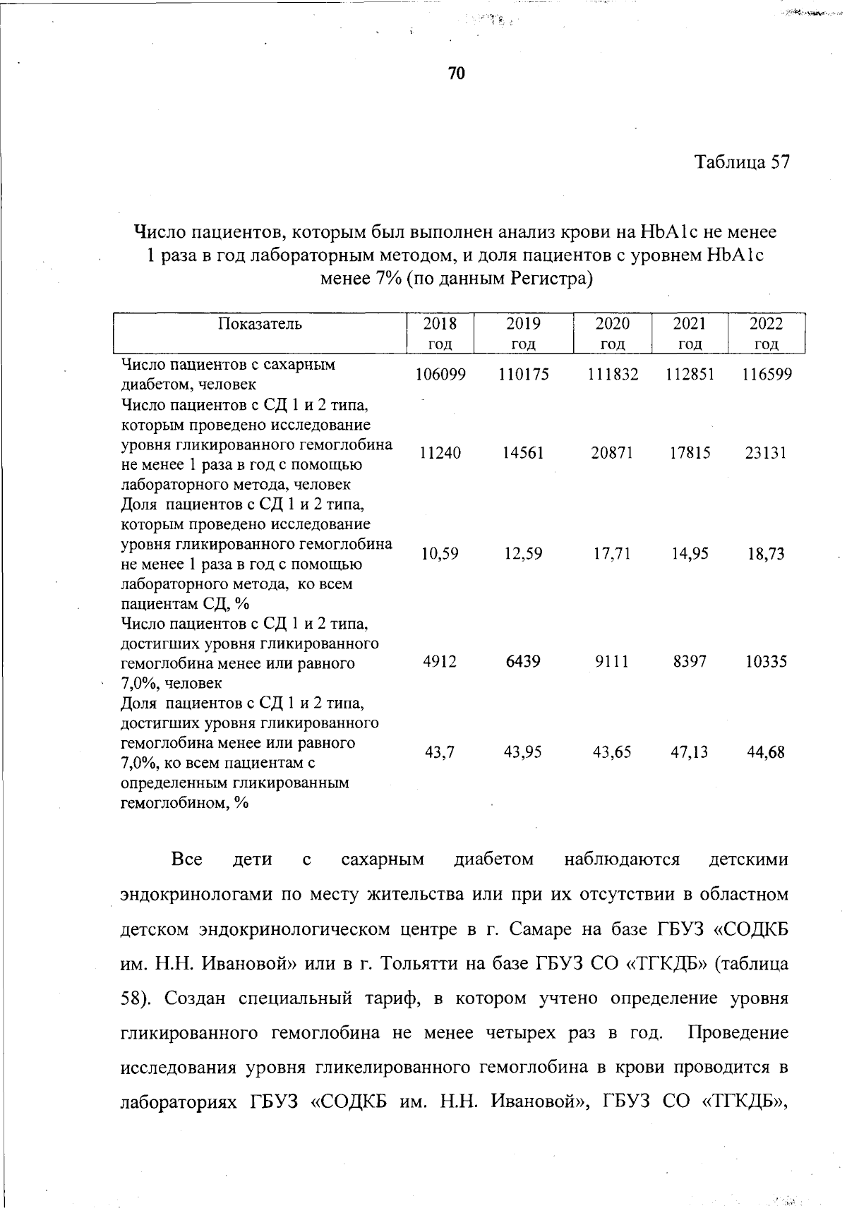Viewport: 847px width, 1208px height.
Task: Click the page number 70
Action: (x=457, y=73)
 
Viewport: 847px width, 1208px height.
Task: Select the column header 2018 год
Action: (x=440, y=333)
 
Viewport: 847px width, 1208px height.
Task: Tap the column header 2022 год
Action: (x=766, y=333)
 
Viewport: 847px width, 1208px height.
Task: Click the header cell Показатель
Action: (x=260, y=324)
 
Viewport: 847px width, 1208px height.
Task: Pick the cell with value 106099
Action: (x=440, y=375)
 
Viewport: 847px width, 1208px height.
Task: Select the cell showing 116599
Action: (x=767, y=375)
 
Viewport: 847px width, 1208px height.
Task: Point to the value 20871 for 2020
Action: (x=612, y=453)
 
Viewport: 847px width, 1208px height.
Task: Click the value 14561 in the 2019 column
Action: (x=523, y=453)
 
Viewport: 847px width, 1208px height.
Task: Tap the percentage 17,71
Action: (x=612, y=554)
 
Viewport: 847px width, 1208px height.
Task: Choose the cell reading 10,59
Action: (x=440, y=554)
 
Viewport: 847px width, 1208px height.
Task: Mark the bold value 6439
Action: (x=523, y=662)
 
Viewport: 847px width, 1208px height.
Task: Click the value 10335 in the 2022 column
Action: (x=766, y=662)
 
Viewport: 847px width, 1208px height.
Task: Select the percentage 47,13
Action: (x=690, y=752)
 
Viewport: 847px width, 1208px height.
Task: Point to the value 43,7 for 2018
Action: (x=440, y=752)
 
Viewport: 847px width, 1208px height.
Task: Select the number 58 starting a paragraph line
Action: (x=131, y=998)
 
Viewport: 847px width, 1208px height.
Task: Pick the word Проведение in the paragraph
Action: (x=738, y=1033)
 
